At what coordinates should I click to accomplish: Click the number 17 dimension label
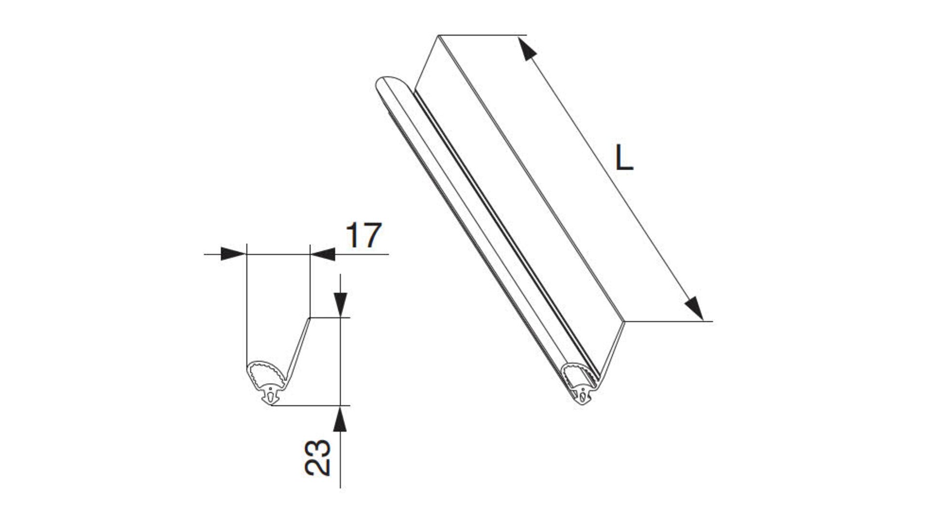pyautogui.click(x=364, y=236)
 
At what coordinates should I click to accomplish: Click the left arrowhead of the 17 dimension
pyautogui.click(x=233, y=254)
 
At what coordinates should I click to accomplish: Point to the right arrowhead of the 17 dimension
pyautogui.click(x=323, y=254)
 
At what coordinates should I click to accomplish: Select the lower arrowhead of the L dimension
pyautogui.click(x=694, y=308)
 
